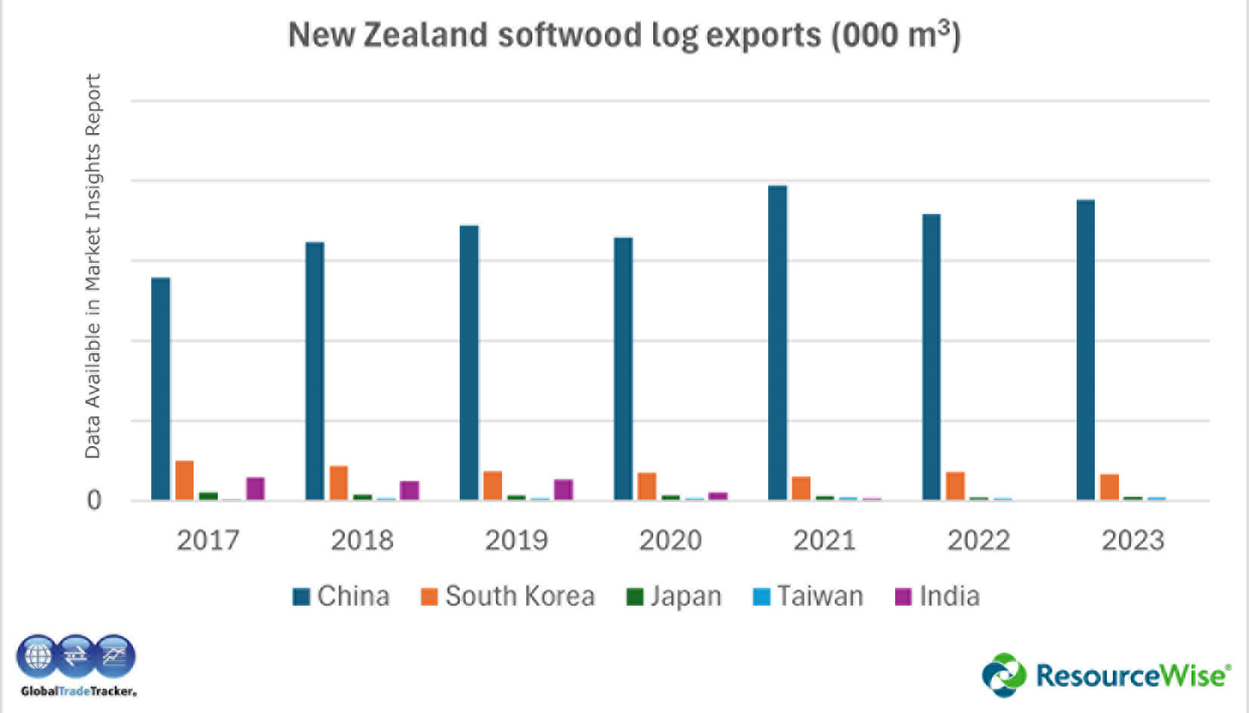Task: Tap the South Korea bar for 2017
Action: click(x=184, y=480)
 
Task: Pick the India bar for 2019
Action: click(x=563, y=489)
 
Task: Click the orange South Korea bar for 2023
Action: click(x=1109, y=487)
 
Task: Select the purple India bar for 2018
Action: click(x=409, y=490)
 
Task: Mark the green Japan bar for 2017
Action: click(x=208, y=496)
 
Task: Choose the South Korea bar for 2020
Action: click(x=646, y=486)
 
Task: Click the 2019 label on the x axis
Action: click(x=516, y=540)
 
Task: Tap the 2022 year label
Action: click(x=978, y=540)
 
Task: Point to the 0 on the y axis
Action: click(x=94, y=501)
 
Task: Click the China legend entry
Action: click(x=342, y=597)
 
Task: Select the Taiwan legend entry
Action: click(x=809, y=597)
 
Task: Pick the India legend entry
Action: click(x=938, y=597)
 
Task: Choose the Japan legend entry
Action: click(x=674, y=597)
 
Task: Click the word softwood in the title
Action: click(x=571, y=36)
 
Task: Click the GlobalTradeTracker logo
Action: click(x=76, y=665)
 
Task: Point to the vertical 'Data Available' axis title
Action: click(x=92, y=266)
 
